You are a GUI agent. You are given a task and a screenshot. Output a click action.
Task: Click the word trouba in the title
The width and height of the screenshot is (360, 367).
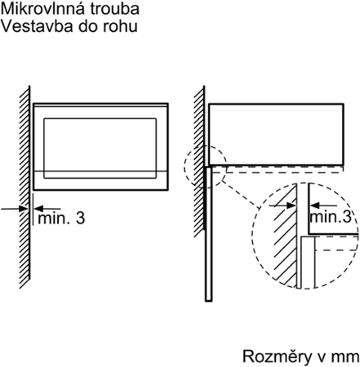tap(115, 9)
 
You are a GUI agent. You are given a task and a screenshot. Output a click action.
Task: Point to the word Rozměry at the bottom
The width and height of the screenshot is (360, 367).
tap(278, 356)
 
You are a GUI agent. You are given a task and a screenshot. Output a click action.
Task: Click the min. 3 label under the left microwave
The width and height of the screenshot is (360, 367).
tap(61, 219)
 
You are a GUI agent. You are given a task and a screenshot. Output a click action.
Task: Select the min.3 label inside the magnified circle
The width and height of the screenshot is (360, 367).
tap(331, 217)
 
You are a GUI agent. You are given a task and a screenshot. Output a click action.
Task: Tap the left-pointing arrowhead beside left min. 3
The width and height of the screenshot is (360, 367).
tap(39, 209)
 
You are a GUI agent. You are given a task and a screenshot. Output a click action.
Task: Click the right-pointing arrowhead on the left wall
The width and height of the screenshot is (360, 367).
tap(24, 209)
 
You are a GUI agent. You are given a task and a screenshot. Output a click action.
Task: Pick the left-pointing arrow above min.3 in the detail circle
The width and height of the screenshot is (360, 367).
tap(323, 206)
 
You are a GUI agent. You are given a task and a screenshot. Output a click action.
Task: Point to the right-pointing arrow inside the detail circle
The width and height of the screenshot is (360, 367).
tap(282, 206)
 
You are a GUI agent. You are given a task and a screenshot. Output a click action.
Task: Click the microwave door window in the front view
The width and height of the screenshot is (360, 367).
tap(100, 148)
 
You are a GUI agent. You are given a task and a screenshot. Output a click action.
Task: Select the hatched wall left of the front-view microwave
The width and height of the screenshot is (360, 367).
tap(24, 187)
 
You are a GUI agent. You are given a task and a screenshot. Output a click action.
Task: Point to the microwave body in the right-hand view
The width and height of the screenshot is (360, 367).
tap(276, 135)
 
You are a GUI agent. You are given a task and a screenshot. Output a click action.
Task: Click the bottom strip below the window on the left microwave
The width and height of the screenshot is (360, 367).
tap(100, 180)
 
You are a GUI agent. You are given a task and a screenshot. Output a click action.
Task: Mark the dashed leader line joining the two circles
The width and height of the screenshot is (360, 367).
tap(240, 195)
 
